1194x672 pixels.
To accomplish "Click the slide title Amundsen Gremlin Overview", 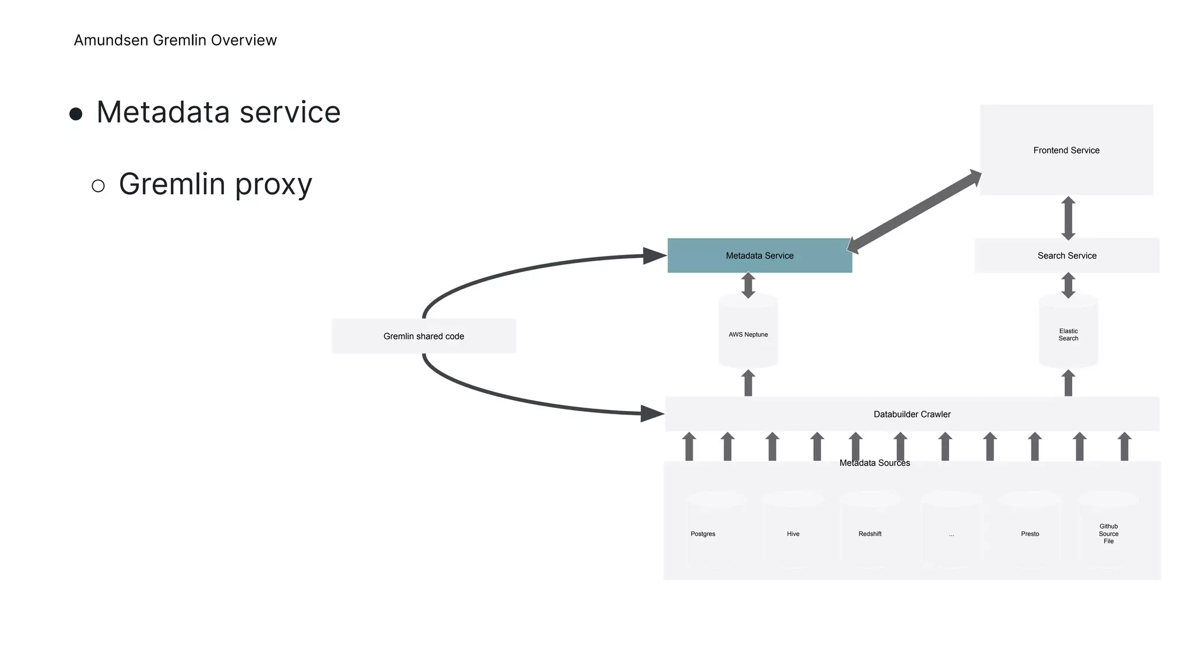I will (x=175, y=40).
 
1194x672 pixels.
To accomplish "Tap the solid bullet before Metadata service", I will (x=76, y=113).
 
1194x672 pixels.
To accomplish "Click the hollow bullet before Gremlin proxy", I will (x=99, y=186).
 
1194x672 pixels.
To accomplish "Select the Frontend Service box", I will (x=1066, y=150).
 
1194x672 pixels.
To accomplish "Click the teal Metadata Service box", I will (x=759, y=256).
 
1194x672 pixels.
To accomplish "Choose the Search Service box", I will (x=1066, y=256).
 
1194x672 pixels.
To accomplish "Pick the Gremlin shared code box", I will (x=424, y=336).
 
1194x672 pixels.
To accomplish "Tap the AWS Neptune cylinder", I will (x=748, y=334).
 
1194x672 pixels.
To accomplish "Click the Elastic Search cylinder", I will (x=1068, y=334).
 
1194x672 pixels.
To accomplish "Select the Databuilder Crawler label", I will (x=912, y=414).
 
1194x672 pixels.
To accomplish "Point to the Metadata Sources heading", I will (x=875, y=463).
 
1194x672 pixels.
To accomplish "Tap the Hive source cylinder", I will (x=793, y=530).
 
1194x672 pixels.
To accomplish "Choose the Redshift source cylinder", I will (x=870, y=530).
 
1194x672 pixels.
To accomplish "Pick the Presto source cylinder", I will (x=1030, y=530).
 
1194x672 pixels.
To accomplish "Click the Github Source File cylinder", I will (x=1108, y=530).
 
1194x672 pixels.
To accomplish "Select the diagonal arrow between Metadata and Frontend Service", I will (x=914, y=211).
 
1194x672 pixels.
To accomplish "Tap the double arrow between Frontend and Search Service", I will (x=1068, y=218).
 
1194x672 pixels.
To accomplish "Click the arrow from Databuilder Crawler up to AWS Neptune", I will (x=748, y=383).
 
